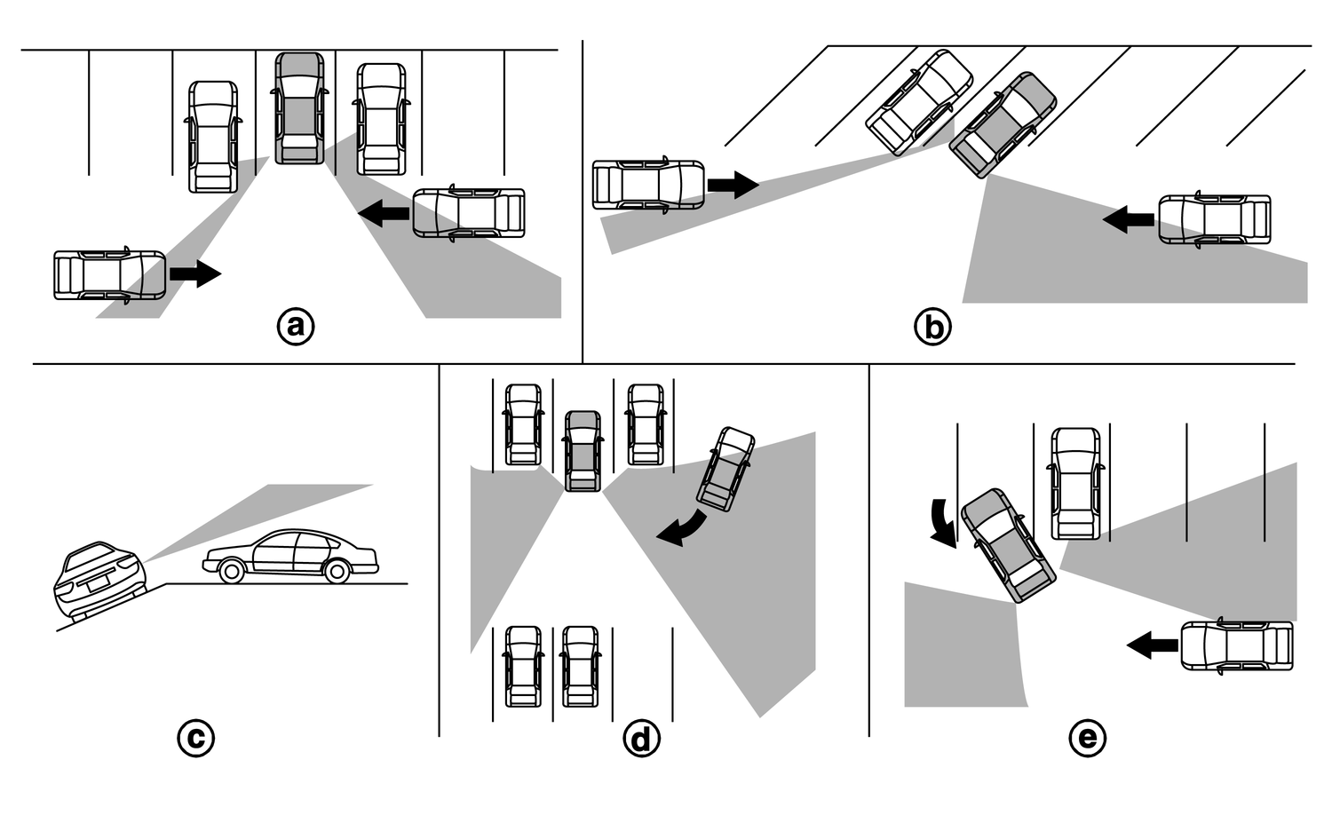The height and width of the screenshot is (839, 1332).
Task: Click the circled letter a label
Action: point(296,327)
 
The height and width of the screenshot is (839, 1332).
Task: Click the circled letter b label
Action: point(932,328)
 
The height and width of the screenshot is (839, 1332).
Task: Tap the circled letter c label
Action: point(195,738)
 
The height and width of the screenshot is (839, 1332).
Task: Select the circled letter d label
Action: point(641,738)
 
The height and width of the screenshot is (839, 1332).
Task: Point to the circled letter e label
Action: point(1088,738)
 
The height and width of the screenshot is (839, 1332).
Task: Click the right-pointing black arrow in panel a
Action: point(194,273)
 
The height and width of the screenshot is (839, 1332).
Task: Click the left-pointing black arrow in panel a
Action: point(384,213)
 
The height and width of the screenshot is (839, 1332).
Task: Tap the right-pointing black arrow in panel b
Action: point(733,186)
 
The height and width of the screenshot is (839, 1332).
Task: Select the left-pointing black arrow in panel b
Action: point(1129,218)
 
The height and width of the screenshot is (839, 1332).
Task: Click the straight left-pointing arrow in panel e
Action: point(1153,645)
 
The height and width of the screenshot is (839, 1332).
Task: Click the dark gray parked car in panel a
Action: point(299,108)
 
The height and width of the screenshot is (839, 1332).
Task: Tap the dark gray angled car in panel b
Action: point(1003,124)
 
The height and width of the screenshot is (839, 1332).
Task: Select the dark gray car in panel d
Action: point(583,450)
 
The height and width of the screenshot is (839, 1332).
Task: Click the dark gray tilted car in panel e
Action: point(1009,544)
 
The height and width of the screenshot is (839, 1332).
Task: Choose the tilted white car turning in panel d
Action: point(726,469)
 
